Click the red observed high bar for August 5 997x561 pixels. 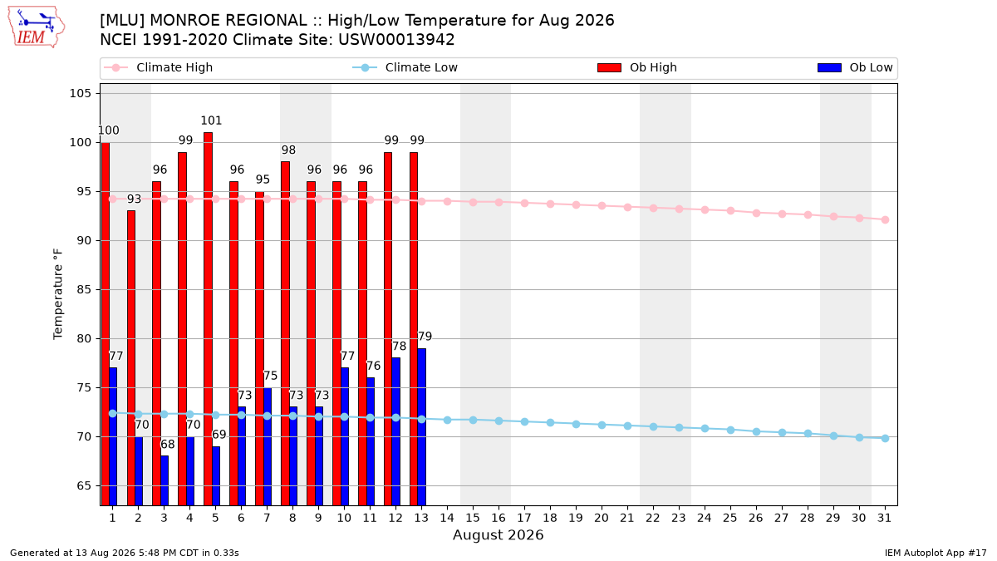click(208, 319)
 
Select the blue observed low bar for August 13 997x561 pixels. click(421, 427)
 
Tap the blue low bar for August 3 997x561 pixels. click(165, 480)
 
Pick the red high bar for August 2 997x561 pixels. click(131, 358)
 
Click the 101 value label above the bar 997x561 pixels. click(211, 121)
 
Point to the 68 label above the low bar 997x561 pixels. click(167, 445)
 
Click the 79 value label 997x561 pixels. click(425, 336)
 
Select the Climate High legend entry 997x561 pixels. click(158, 67)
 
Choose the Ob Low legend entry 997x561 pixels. click(855, 67)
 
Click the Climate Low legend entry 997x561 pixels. click(405, 67)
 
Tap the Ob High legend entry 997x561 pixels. click(637, 67)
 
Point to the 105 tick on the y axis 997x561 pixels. click(80, 93)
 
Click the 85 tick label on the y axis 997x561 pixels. click(84, 290)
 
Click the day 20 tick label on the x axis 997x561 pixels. click(602, 519)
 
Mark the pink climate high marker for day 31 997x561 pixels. click(885, 219)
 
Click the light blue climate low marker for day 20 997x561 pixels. click(602, 426)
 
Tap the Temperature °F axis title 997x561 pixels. click(58, 294)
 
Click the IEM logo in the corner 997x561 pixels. click(36, 27)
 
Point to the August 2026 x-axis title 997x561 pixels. click(498, 534)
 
